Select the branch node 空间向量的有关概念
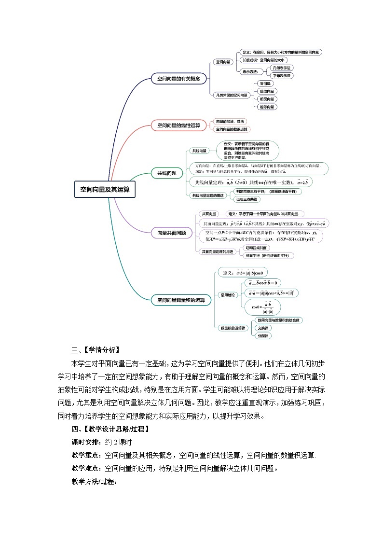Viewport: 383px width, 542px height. [178, 78]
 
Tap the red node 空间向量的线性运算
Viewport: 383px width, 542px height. [178, 125]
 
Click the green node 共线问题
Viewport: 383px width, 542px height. [167, 173]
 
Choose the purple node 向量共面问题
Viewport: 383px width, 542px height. [172, 233]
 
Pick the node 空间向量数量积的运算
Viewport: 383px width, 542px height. [181, 300]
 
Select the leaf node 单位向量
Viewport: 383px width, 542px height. [267, 91]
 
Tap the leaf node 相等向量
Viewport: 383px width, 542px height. [267, 107]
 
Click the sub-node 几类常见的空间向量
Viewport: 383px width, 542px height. [232, 95]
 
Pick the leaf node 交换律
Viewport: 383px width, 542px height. [263, 328]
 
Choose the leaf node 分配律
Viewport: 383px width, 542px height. [263, 335]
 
